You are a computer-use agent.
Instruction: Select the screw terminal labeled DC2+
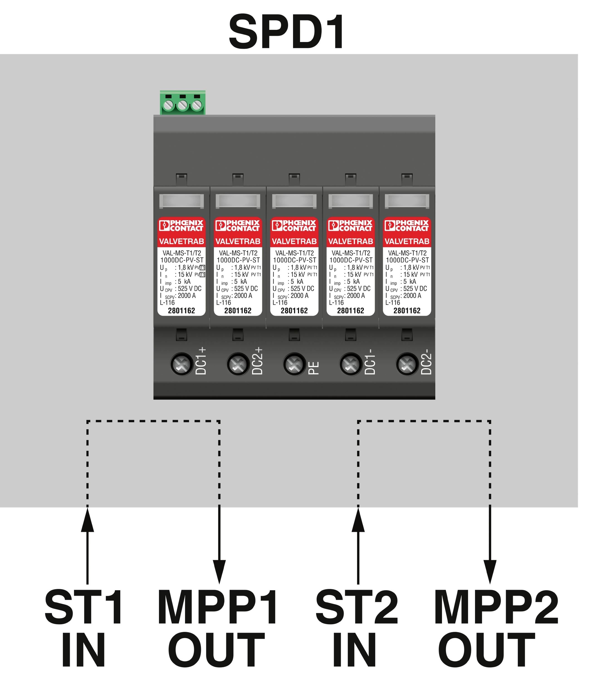[238, 364]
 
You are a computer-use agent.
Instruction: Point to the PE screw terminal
[294, 364]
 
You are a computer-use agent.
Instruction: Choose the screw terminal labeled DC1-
[351, 364]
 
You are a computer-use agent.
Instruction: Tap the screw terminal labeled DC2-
[407, 364]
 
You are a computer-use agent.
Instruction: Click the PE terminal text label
[314, 368]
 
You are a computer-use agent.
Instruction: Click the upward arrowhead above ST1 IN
[88, 520]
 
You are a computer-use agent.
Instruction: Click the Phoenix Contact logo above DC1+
[182, 226]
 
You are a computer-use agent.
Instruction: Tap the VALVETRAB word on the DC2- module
[407, 241]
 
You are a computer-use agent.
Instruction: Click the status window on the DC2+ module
[238, 201]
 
